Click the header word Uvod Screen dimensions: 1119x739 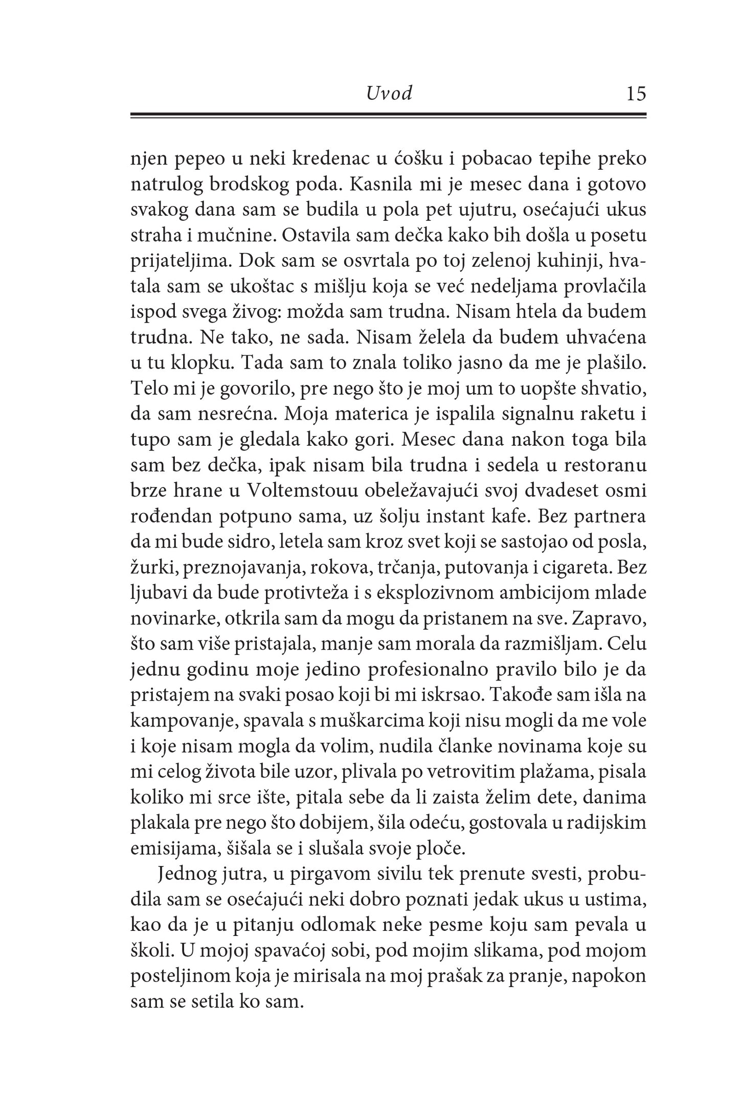pos(389,94)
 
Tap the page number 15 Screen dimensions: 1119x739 pos(636,94)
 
